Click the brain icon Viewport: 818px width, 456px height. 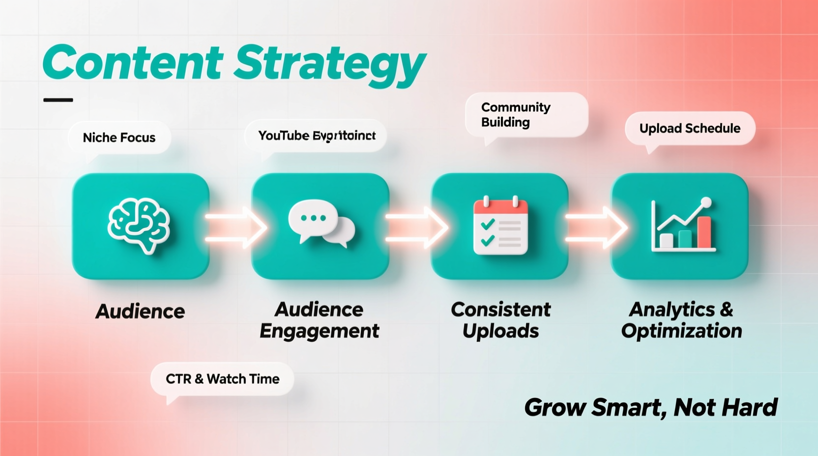pyautogui.click(x=140, y=225)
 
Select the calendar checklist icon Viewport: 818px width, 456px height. pyautogui.click(x=500, y=226)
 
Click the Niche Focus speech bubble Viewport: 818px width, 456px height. pyautogui.click(x=119, y=138)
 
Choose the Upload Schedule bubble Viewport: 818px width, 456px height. pyautogui.click(x=690, y=128)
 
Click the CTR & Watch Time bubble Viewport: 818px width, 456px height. pyautogui.click(x=222, y=379)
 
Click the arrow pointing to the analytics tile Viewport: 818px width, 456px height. pyautogui.click(x=596, y=228)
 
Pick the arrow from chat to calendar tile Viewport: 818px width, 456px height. pyautogui.click(x=416, y=228)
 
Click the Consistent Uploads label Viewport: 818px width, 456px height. pyautogui.click(x=500, y=320)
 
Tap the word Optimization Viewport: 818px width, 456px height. pyautogui.click(x=681, y=331)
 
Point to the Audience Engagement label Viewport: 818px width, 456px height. pyautogui.click(x=320, y=320)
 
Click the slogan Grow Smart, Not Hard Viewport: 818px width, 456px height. pyautogui.click(x=650, y=407)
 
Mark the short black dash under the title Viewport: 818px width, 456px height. pyautogui.click(x=58, y=100)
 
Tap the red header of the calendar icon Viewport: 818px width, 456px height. pyautogui.click(x=500, y=207)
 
